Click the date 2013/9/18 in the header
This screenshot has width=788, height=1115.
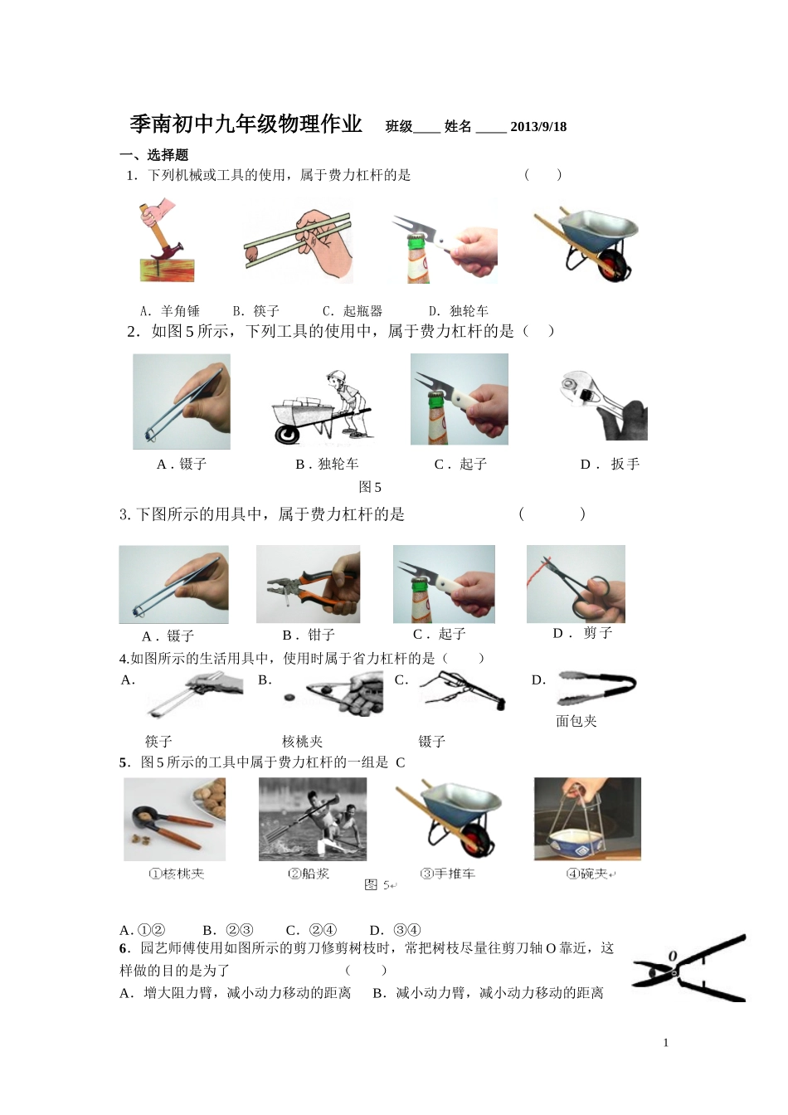click(x=538, y=127)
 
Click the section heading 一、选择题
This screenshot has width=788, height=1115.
click(x=154, y=155)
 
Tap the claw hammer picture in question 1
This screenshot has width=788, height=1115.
click(x=165, y=241)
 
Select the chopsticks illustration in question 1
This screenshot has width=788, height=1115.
click(x=299, y=241)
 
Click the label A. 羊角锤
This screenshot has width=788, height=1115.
click(x=170, y=311)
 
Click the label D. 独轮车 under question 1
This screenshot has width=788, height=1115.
click(x=459, y=311)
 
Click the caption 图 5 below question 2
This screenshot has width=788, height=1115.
click(x=370, y=487)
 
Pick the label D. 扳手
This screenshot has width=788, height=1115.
click(x=610, y=465)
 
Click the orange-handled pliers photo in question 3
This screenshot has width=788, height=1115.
click(x=308, y=584)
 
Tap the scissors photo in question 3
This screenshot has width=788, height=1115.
click(x=576, y=584)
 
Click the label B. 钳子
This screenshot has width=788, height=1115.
click(x=309, y=635)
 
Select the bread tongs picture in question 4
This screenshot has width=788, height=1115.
click(x=596, y=688)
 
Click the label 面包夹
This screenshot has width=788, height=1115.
click(x=576, y=721)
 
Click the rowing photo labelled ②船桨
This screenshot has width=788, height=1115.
click(x=312, y=820)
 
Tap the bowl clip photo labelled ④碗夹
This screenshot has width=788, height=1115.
click(x=587, y=819)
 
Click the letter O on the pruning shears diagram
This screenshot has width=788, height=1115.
click(x=672, y=956)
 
